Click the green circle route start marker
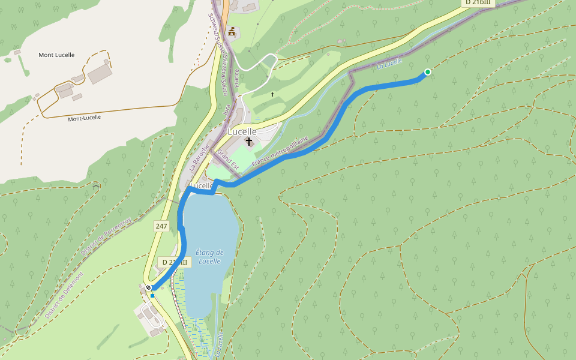pos(428,72)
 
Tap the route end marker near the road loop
pos(148,288)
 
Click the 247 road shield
pos(161,226)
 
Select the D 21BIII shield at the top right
pos(478,2)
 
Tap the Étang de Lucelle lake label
pos(209,257)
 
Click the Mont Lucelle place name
pos(56,55)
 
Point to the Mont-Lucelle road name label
pos(84,118)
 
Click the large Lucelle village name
pos(242,131)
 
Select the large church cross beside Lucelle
pos(249,142)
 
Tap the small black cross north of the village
pos(272,94)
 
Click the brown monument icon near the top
pos(232,31)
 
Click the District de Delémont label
pos(64,295)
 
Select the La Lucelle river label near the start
pos(389,63)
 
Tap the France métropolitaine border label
pos(280,151)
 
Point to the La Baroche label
pos(199,158)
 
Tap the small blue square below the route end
pos(152,295)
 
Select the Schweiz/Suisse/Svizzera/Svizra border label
pos(218,54)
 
